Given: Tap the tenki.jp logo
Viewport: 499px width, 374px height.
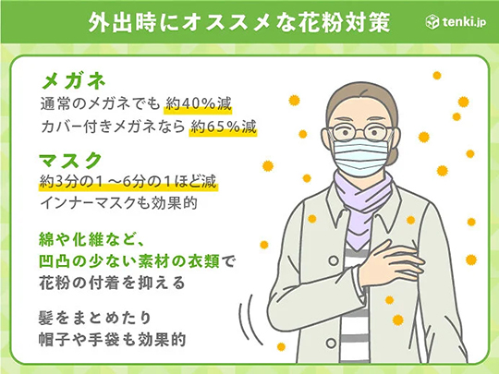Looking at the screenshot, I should [x=458, y=19].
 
